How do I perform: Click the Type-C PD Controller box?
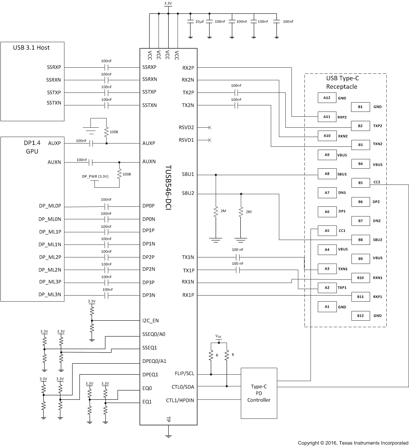(x=259, y=393)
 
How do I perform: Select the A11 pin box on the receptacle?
(x=327, y=116)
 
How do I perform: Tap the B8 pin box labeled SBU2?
(x=360, y=239)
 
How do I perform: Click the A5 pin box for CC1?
(x=327, y=230)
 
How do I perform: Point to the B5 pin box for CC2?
(x=360, y=182)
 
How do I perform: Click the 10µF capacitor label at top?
(x=199, y=21)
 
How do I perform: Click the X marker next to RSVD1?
(x=209, y=140)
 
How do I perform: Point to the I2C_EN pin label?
(x=150, y=320)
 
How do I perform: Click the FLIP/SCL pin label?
(x=184, y=373)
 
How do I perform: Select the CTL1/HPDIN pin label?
(x=180, y=400)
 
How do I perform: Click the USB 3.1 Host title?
(x=32, y=47)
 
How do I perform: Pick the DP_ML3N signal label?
(x=50, y=295)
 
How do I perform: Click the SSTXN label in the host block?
(x=54, y=105)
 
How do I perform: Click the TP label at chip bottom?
(x=168, y=419)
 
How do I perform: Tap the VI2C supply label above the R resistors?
(x=218, y=337)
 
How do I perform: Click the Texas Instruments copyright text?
(x=353, y=443)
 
